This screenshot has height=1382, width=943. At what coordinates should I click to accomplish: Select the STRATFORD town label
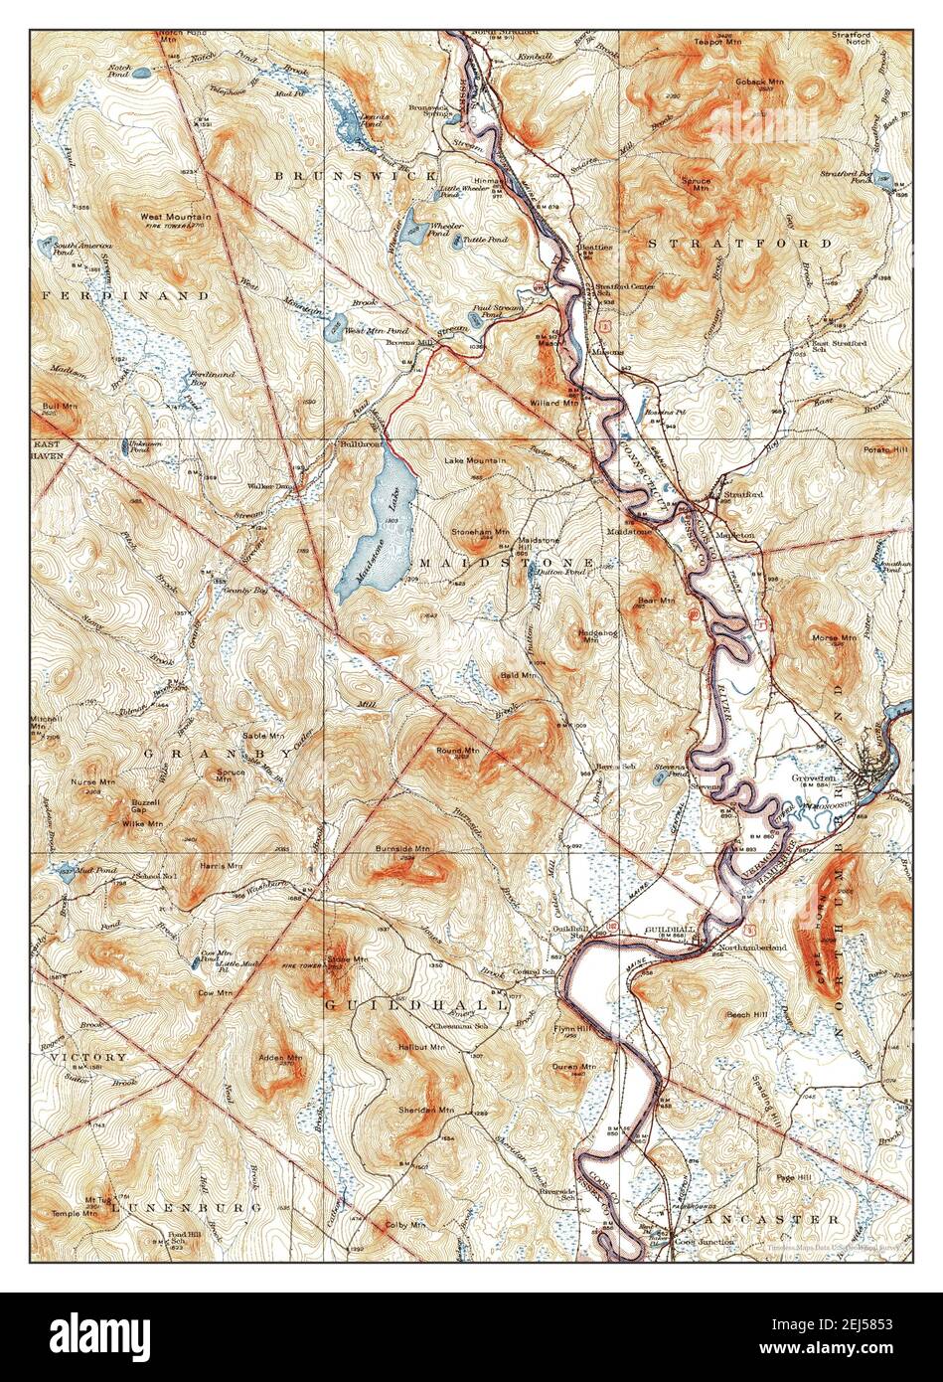pyautogui.click(x=740, y=243)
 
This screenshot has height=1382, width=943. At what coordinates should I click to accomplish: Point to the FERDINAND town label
pyautogui.click(x=125, y=295)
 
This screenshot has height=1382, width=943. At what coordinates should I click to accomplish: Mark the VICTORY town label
pyautogui.click(x=90, y=1057)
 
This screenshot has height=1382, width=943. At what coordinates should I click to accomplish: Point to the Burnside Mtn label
pyautogui.click(x=402, y=850)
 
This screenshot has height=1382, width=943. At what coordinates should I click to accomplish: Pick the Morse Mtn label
pyautogui.click(x=834, y=637)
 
